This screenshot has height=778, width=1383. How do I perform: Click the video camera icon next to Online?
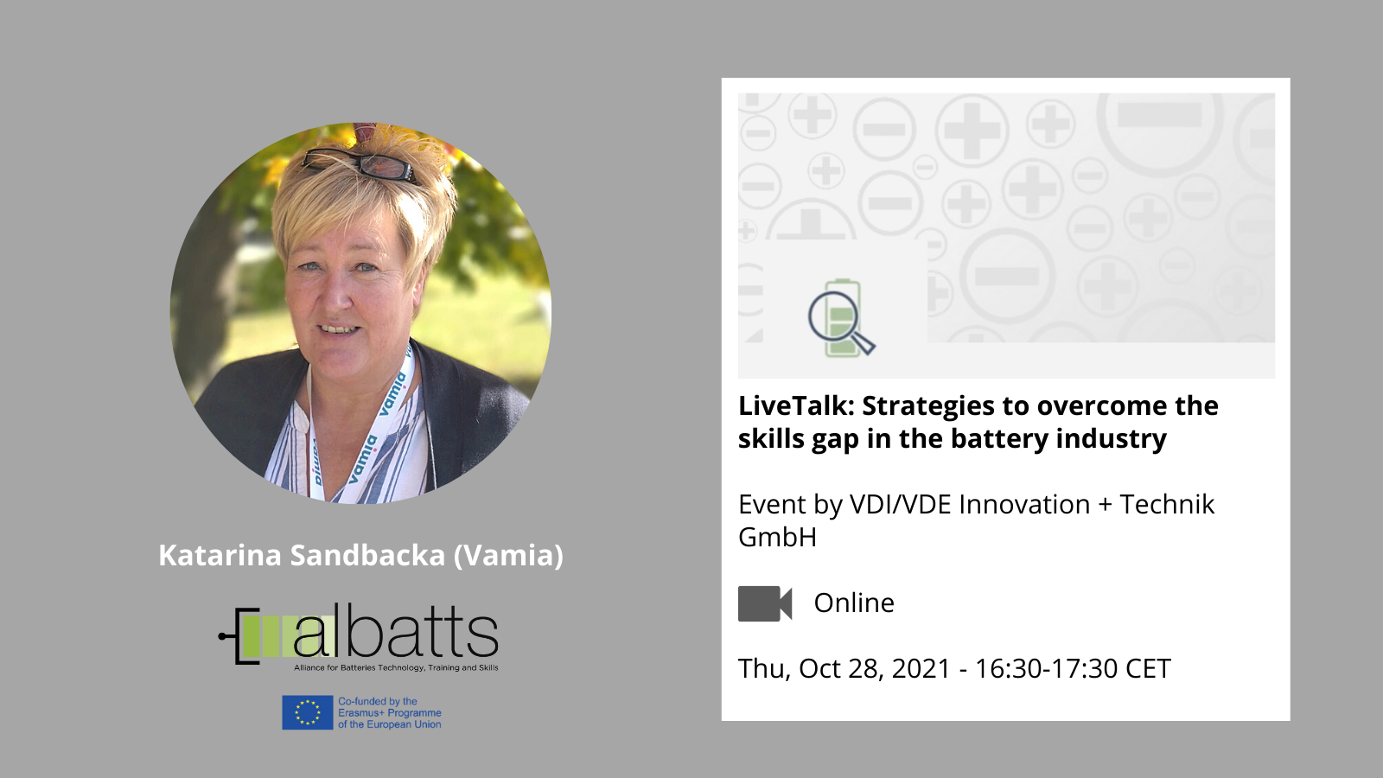click(765, 603)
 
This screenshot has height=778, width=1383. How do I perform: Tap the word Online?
click(854, 603)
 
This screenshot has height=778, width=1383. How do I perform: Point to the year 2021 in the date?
click(921, 669)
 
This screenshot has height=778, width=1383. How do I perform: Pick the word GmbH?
click(777, 537)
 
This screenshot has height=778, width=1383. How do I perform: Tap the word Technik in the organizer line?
click(1167, 505)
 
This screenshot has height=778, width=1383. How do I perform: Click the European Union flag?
click(308, 712)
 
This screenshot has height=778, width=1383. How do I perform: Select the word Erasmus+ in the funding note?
click(362, 712)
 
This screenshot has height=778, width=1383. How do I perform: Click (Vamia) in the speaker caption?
click(509, 555)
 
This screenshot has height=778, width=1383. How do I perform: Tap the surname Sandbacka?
click(368, 555)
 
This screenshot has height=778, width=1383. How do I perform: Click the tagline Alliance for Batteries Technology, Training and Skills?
click(396, 667)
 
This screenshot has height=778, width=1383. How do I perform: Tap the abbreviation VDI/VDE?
click(900, 505)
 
